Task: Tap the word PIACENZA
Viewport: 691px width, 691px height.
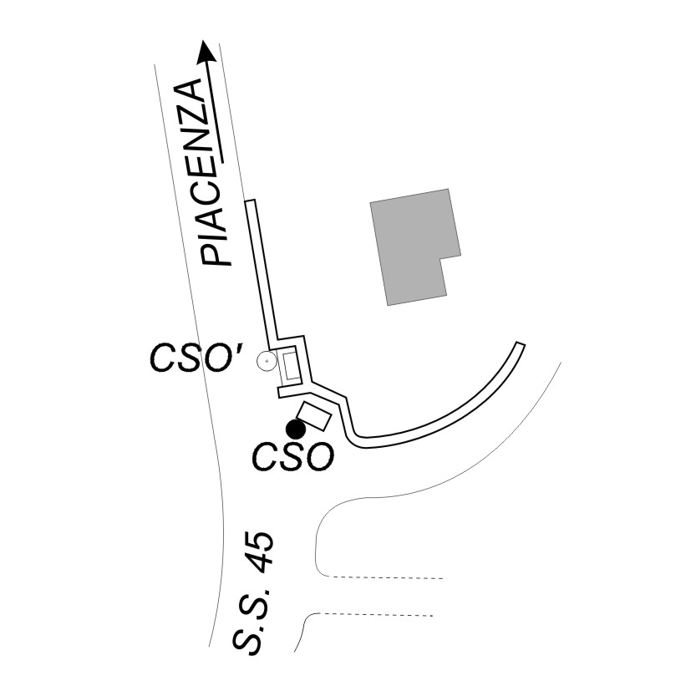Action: click(206, 172)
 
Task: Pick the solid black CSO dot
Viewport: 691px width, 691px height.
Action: click(295, 429)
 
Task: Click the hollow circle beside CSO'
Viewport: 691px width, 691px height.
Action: click(267, 361)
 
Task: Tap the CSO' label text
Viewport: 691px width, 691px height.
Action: click(196, 360)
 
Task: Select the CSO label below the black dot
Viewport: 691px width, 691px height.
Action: click(293, 457)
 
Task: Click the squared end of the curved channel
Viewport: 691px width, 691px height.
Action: click(520, 344)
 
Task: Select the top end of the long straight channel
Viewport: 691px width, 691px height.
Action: click(249, 202)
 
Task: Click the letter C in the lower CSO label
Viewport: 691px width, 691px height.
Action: click(267, 458)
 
